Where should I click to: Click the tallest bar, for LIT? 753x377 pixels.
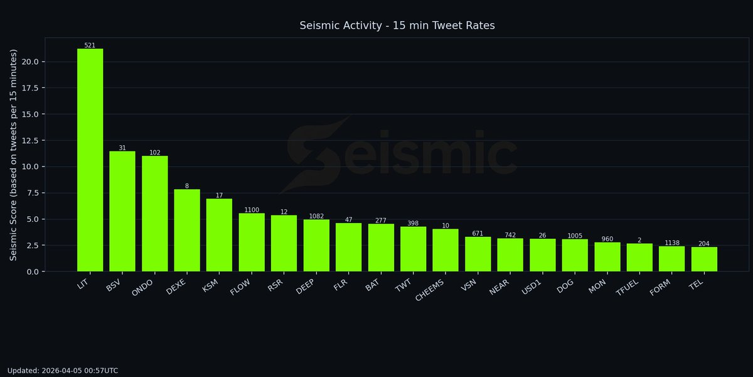point(90,160)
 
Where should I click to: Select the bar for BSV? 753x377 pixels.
point(122,211)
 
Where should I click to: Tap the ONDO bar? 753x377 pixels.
point(155,214)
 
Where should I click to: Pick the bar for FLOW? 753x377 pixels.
point(252,243)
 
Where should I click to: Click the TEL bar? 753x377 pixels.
point(704,260)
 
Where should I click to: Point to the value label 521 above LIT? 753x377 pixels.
point(90,45)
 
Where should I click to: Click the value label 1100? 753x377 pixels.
point(252,210)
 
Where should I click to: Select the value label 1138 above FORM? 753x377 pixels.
point(672,243)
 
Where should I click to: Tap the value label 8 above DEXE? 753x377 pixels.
point(187,186)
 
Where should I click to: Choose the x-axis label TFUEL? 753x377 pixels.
point(628,288)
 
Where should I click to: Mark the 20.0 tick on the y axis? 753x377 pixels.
point(31,62)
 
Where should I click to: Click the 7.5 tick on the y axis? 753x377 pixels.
point(33,193)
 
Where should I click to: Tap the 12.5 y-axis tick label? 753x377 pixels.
point(31,140)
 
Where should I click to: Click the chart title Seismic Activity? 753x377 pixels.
point(397,25)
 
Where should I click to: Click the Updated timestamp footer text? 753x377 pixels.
point(63,371)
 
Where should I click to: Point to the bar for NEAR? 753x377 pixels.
point(510,255)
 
